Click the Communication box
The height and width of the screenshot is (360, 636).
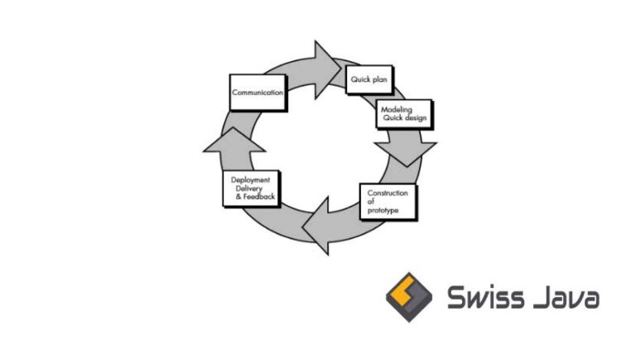pyautogui.click(x=257, y=93)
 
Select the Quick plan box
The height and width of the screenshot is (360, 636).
pyautogui.click(x=369, y=80)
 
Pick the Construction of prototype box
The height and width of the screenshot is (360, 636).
pyautogui.click(x=388, y=201)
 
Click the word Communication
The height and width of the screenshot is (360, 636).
pyautogui.click(x=258, y=93)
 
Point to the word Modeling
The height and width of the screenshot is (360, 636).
pyautogui.click(x=397, y=110)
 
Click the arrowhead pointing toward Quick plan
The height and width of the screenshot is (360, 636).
pyautogui.click(x=326, y=62)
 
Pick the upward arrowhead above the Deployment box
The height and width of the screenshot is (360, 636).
pyautogui.click(x=234, y=141)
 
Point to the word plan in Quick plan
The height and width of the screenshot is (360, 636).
pyautogui.click(x=381, y=80)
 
